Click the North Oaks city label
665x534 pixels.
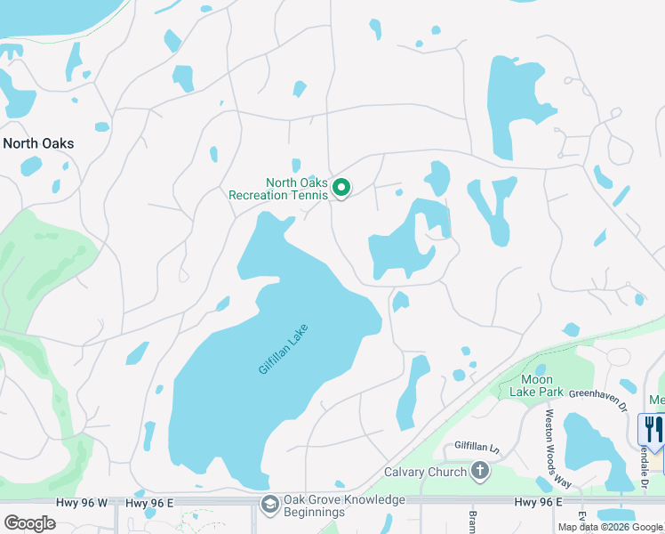(x=38, y=143)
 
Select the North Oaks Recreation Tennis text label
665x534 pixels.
(x=278, y=189)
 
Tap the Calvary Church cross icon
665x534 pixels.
(x=480, y=470)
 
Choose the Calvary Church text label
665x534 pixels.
(x=425, y=472)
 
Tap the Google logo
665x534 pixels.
(x=29, y=522)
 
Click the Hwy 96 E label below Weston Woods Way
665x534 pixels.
(x=539, y=503)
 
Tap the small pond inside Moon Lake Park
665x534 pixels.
(x=540, y=370)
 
